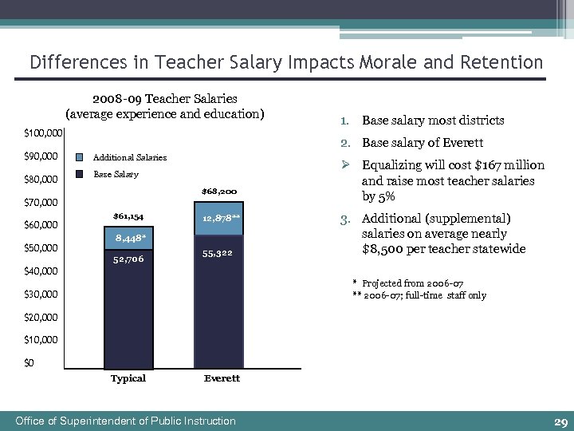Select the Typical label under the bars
pos(128,378)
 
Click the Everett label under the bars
pos(221,378)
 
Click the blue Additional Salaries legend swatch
pos(81,157)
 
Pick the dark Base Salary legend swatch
pos(81,174)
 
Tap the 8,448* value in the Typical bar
pos(129,237)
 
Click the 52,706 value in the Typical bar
pos(128,259)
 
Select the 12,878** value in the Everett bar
pos(221,217)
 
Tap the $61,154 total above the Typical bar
pos(128,215)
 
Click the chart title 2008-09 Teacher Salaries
pos(164,99)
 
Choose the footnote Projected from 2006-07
pos(412,283)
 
